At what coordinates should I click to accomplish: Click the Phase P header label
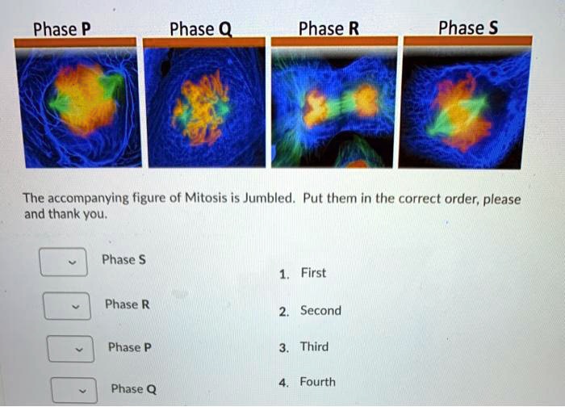coord(61,30)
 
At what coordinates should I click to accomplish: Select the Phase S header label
coord(467,28)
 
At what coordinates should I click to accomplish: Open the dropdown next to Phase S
coord(64,262)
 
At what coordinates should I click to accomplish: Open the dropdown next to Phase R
coord(67,306)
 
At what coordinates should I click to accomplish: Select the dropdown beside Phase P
coord(69,349)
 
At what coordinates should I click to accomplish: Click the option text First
coord(313,273)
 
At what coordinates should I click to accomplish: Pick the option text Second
coord(320,311)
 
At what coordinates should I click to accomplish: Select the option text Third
coord(314,347)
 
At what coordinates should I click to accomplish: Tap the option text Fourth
coord(317,382)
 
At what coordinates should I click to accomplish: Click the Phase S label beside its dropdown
coord(123,259)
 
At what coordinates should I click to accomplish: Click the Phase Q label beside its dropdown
coord(134,389)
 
